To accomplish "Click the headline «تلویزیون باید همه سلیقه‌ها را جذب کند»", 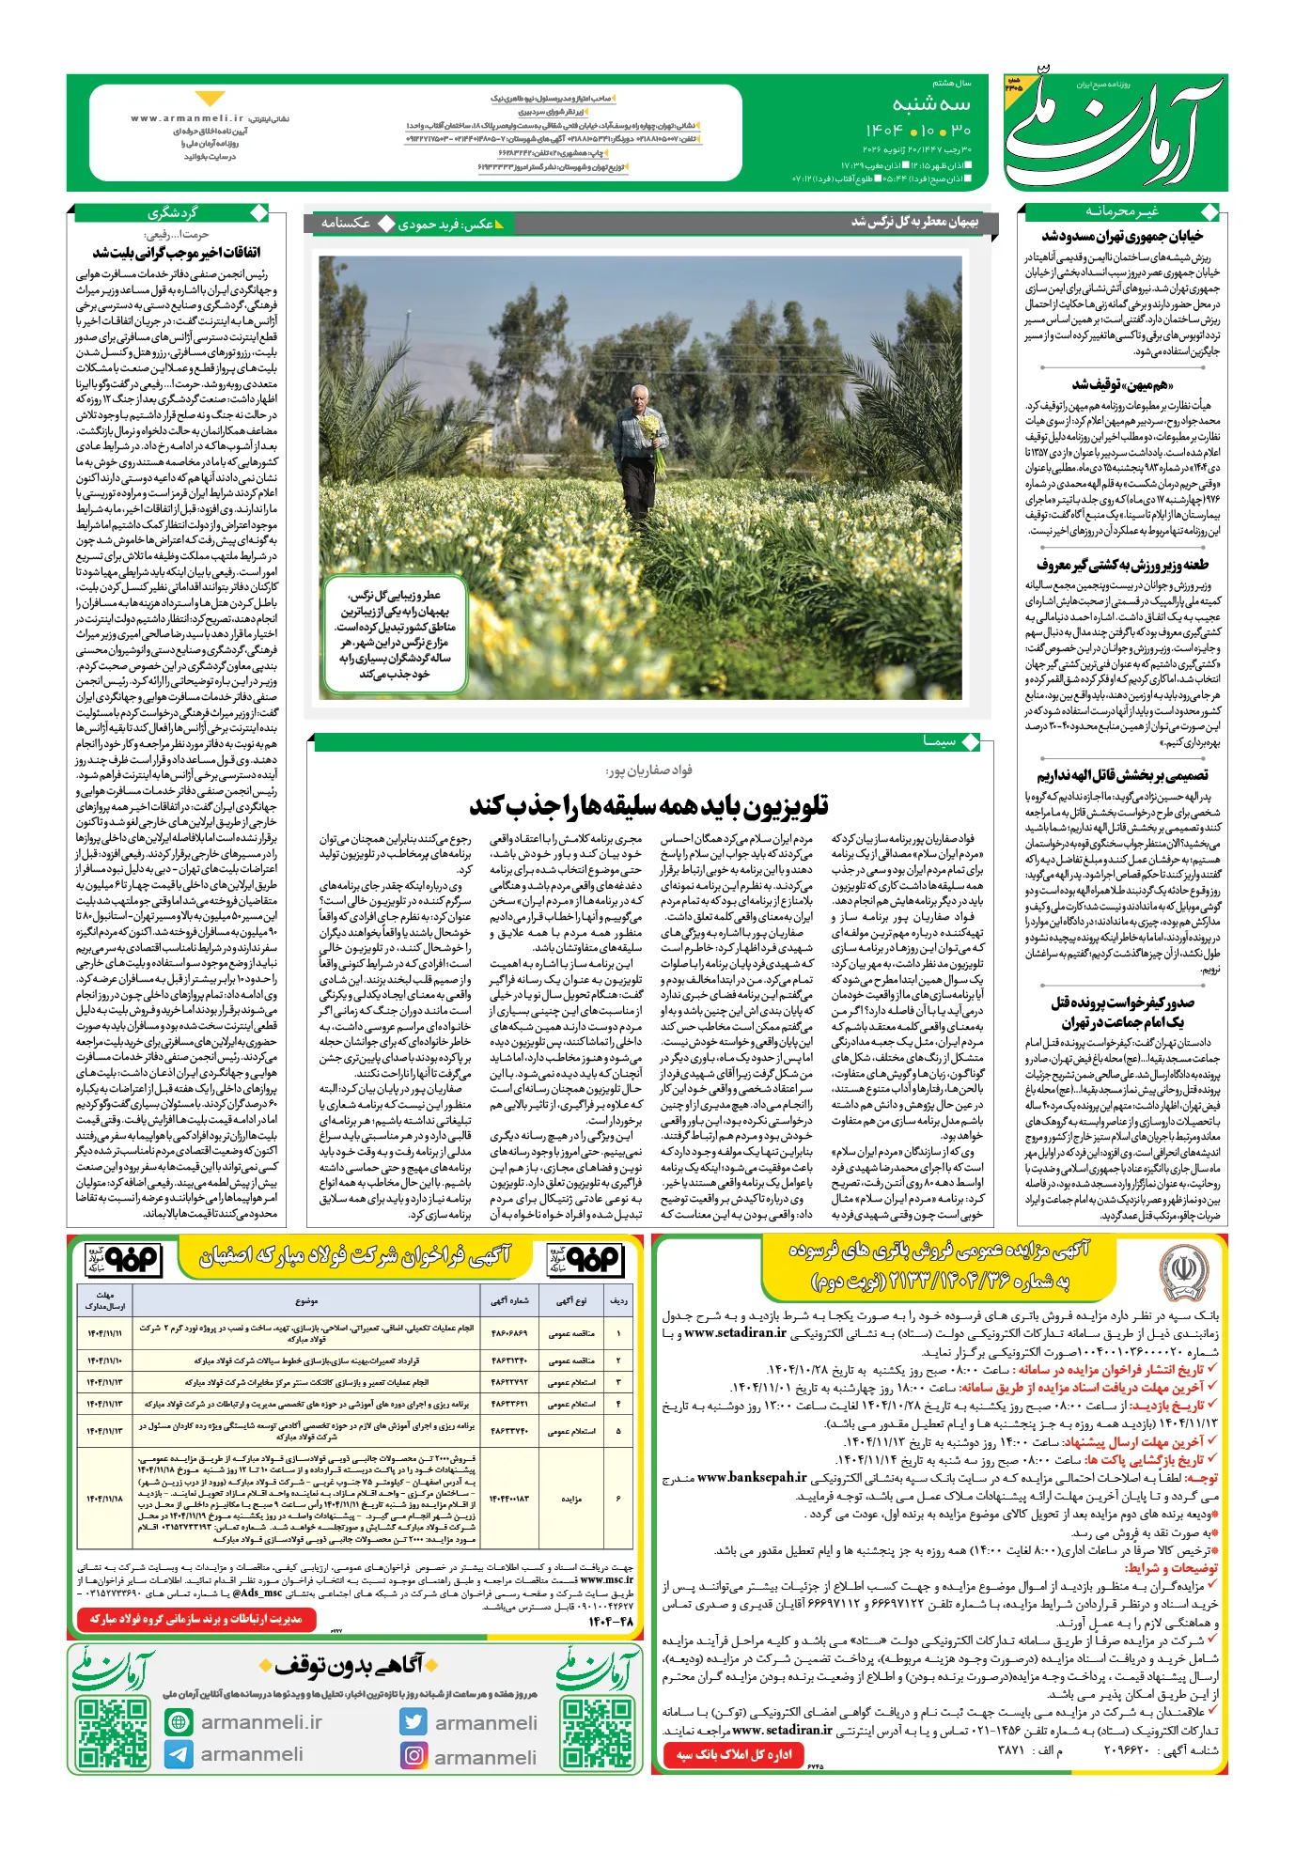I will tap(648, 806).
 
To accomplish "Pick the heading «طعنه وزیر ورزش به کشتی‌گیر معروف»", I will tap(1122, 565).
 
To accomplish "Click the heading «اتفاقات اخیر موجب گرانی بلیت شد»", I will tap(177, 253).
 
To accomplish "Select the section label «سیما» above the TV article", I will tap(940, 741).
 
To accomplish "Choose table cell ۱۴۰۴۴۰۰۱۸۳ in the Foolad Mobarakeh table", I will tap(509, 1499).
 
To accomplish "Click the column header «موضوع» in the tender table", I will tap(306, 1301).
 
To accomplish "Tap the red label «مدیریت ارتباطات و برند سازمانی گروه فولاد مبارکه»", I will tap(195, 1619).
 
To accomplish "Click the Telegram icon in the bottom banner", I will tap(179, 1754).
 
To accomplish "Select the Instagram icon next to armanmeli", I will tap(413, 1754).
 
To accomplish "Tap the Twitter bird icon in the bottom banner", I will tap(413, 1721).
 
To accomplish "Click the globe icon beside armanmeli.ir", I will tap(179, 1721).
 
